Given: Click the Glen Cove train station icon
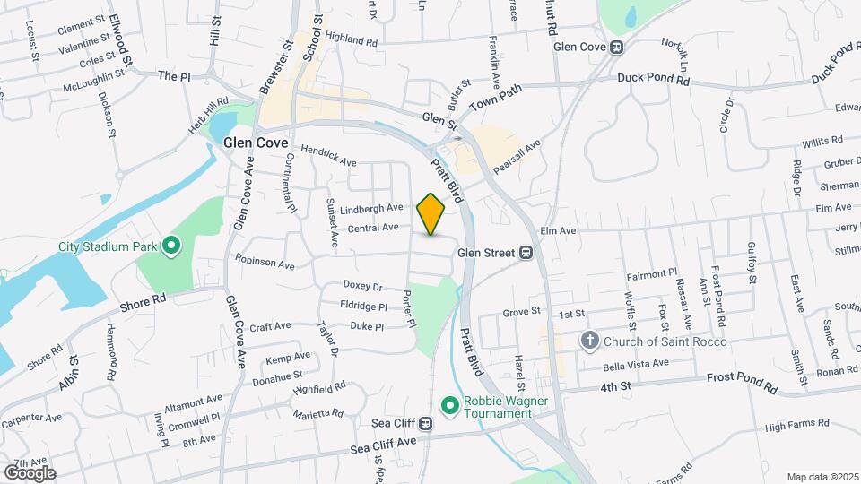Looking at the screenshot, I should [616, 48].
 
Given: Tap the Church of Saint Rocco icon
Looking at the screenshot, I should [589, 341].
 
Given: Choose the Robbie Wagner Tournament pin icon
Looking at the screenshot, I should [448, 407].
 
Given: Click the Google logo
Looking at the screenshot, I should [30, 472].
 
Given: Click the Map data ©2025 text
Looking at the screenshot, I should [822, 477].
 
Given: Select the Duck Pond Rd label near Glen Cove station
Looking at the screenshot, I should [652, 79].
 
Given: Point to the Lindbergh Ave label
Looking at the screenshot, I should [371, 208].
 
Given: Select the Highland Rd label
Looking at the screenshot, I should [352, 40].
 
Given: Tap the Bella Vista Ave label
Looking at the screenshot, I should [636, 363].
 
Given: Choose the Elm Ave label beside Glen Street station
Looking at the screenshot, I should [557, 230].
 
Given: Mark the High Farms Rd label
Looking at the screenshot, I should [775, 428].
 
